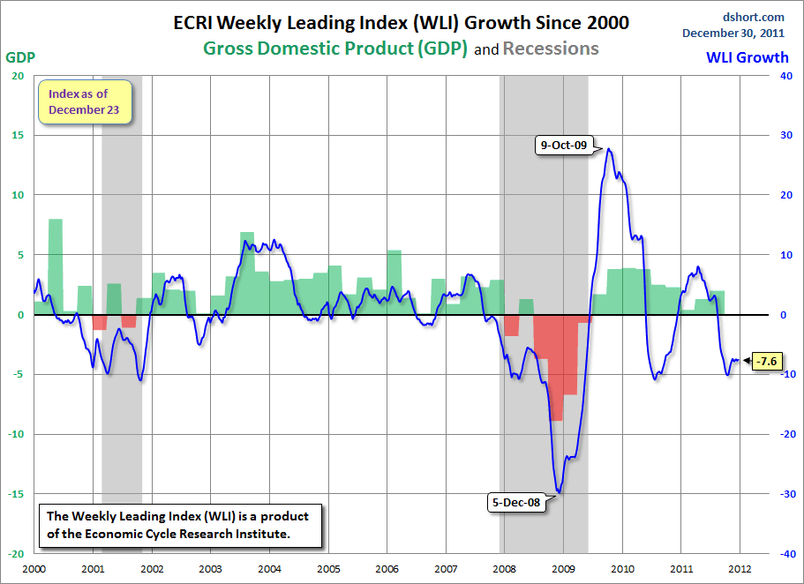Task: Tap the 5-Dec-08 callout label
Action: (x=517, y=503)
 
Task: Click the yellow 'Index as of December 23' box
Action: (x=84, y=101)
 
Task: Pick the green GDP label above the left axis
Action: (x=20, y=57)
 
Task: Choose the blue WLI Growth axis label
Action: (x=748, y=57)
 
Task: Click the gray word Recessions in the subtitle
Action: (x=551, y=49)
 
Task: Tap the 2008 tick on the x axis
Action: (x=505, y=569)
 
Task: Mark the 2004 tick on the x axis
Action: (x=269, y=569)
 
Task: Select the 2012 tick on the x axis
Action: (x=740, y=569)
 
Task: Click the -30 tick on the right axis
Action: (x=780, y=494)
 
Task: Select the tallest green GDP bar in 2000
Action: (x=56, y=265)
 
